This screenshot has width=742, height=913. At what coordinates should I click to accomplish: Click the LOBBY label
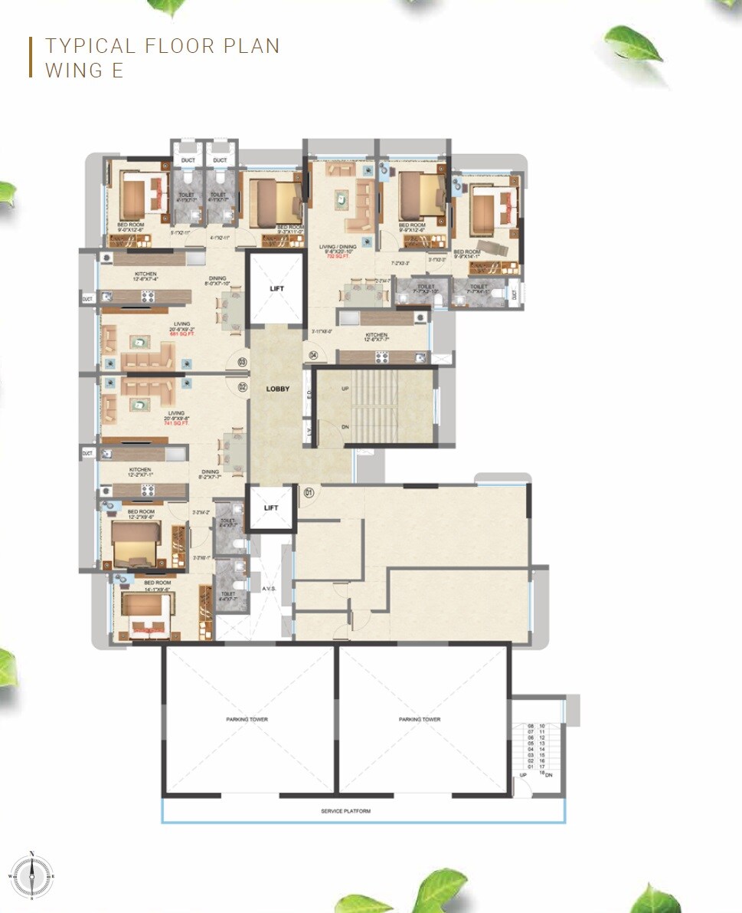click(277, 389)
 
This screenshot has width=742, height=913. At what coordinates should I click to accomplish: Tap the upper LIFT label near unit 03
click(277, 289)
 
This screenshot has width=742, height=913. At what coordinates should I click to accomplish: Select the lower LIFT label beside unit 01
click(271, 507)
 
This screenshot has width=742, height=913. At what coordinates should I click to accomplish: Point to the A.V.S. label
click(269, 590)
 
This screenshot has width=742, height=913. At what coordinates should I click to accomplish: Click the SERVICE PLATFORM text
click(345, 811)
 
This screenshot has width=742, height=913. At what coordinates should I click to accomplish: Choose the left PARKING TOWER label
click(247, 720)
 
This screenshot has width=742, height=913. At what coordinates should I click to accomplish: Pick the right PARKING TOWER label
click(420, 720)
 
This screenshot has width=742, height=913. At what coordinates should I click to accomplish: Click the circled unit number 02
click(243, 387)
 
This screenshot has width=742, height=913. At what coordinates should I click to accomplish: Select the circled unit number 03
click(242, 362)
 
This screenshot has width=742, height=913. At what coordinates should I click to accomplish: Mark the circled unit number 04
click(314, 354)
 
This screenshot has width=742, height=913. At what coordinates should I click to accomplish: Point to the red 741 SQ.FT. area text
click(181, 423)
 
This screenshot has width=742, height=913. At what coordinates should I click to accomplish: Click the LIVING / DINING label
click(340, 247)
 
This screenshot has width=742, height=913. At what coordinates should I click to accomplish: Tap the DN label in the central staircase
click(345, 427)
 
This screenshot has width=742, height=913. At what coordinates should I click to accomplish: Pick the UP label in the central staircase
click(345, 389)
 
